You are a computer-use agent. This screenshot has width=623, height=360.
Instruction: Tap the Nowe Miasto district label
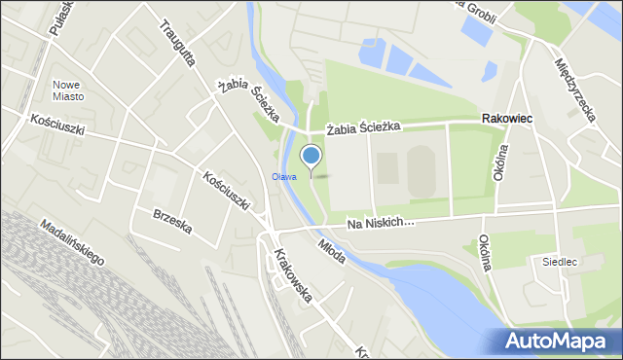point(68,90)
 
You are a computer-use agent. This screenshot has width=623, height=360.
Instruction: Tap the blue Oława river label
point(283,176)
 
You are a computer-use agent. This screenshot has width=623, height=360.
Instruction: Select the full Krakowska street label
point(293,276)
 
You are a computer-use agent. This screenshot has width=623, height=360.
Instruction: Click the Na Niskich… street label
point(379,223)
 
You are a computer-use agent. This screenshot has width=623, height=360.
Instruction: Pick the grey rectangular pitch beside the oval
point(387,168)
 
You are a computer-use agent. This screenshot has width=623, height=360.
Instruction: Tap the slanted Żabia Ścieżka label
point(250,102)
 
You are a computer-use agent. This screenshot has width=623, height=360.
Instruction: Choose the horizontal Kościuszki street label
point(58,126)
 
